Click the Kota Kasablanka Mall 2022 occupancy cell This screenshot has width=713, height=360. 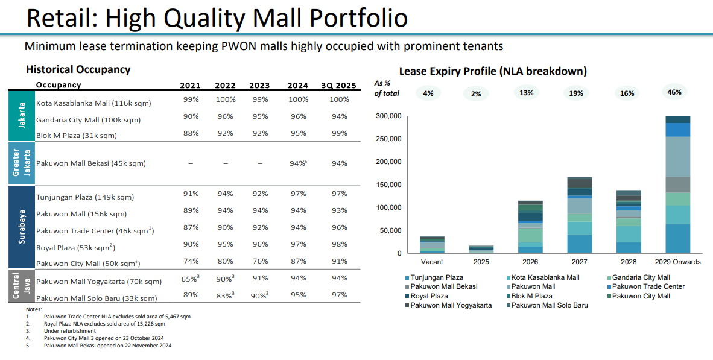225,99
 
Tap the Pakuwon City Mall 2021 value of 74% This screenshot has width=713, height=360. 191,261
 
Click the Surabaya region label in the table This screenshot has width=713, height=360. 21,227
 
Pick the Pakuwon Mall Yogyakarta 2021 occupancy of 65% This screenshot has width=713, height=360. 190,279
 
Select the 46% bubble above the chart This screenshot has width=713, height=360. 674,92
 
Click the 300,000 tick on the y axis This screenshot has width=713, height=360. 388,116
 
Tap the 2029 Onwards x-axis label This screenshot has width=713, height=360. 677,262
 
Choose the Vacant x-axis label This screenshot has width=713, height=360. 431,262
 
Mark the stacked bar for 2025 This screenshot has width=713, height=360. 481,249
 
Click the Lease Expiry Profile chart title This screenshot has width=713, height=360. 493,71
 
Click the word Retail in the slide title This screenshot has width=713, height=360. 59,19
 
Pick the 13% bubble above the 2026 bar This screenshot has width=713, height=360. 527,93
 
